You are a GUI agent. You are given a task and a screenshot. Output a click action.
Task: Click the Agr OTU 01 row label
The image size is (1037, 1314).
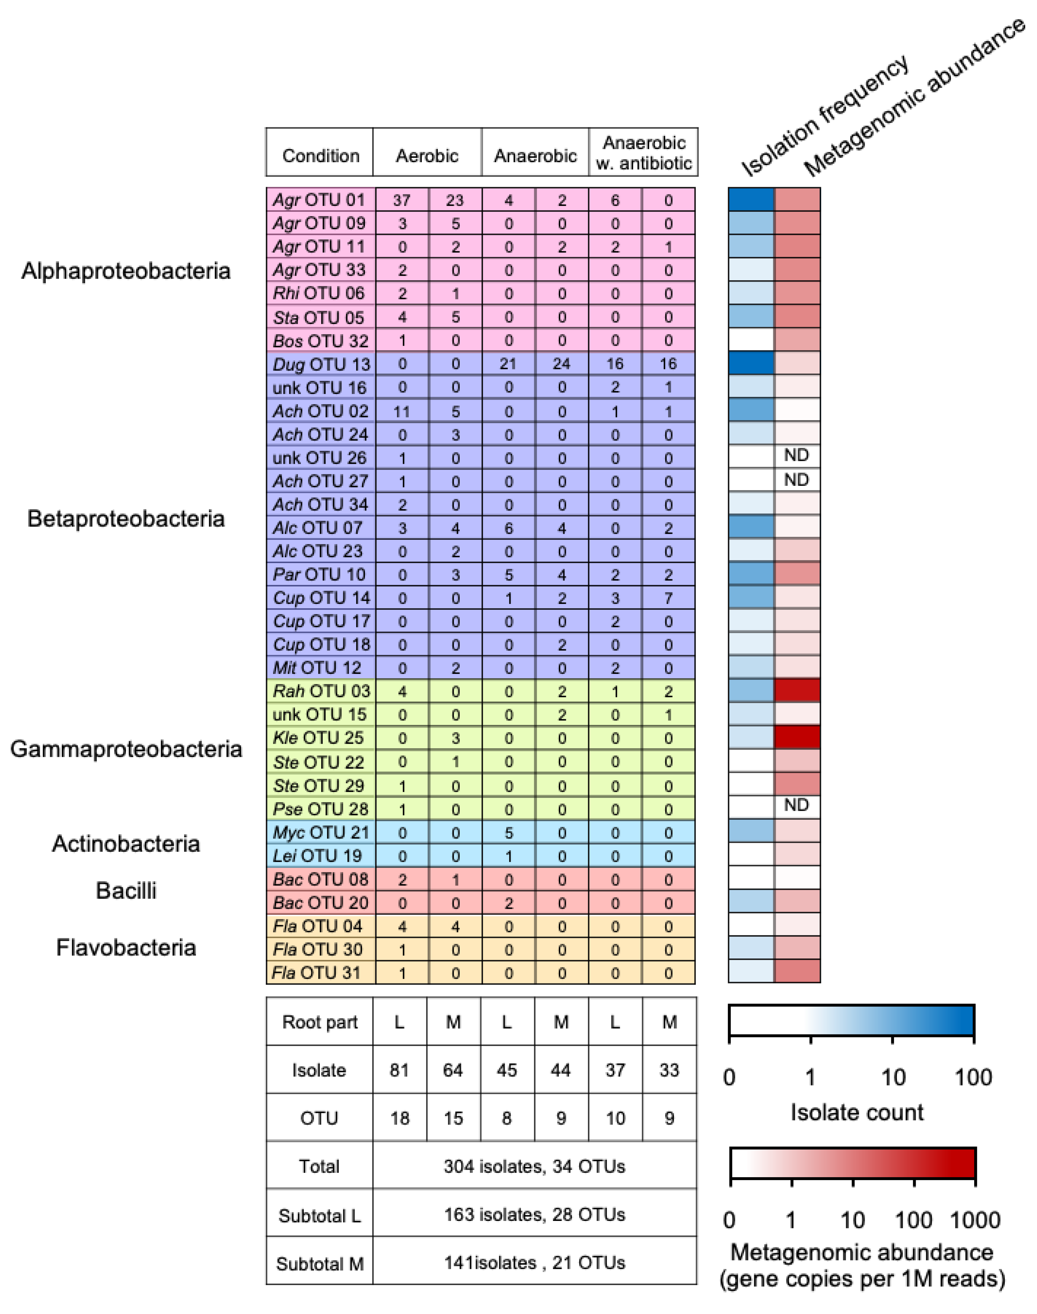pyautogui.click(x=319, y=200)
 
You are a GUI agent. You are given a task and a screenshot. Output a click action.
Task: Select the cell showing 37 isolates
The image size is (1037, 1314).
pyautogui.click(x=401, y=200)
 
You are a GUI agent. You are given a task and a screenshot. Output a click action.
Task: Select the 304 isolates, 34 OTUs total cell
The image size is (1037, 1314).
pyautogui.click(x=534, y=1166)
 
